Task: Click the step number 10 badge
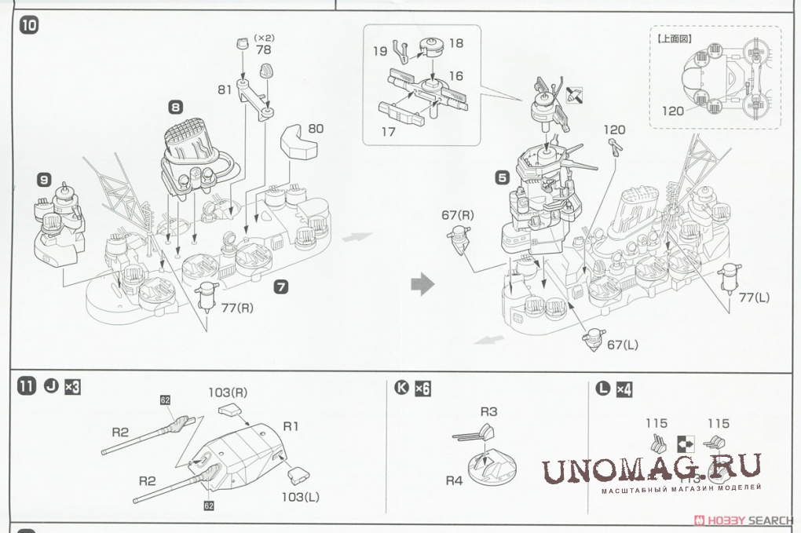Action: [x=28, y=24]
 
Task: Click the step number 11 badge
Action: [x=27, y=387]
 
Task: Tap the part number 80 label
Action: [x=316, y=128]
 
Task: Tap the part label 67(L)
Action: [x=624, y=345]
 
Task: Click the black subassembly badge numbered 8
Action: [x=176, y=106]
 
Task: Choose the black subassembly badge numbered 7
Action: [x=280, y=288]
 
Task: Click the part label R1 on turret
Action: [x=292, y=426]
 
